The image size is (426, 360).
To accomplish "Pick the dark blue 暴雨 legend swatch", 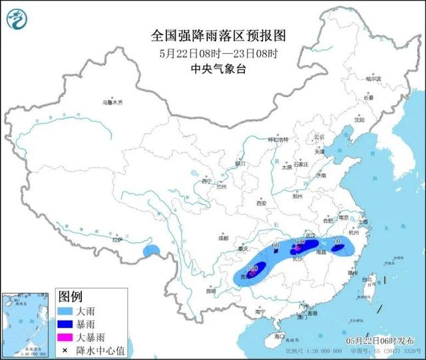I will click(x=67, y=325).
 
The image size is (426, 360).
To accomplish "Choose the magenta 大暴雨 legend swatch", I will click(x=67, y=337).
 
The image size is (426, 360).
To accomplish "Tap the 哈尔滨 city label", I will click(x=374, y=79).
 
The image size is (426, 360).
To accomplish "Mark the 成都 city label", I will click(x=222, y=238).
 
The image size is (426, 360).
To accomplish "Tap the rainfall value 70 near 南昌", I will click(x=336, y=241).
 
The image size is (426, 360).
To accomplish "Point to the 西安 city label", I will click(x=260, y=203).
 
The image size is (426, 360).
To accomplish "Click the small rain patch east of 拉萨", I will click(x=152, y=251).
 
